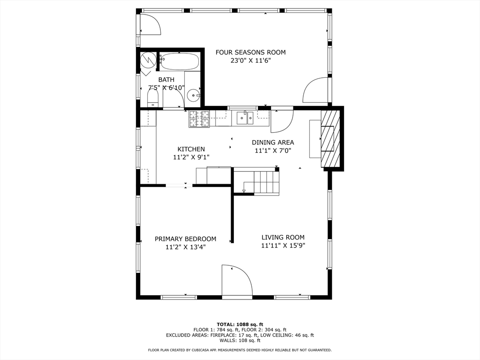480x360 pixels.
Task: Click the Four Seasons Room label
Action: pyautogui.click(x=250, y=52)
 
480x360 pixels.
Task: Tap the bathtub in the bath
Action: pyautogui.click(x=180, y=62)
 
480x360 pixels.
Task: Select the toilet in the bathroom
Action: pyautogui.click(x=153, y=98)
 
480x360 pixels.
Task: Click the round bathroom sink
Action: pyautogui.click(x=194, y=97)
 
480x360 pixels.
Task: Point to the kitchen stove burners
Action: pyautogui.click(x=199, y=119)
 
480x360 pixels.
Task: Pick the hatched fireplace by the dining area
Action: pyautogui.click(x=330, y=139)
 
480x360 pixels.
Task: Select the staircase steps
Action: pyautogui.click(x=265, y=182)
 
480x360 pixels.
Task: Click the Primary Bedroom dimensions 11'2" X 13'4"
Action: pyautogui.click(x=185, y=247)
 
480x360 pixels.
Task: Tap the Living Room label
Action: pyautogui.click(x=283, y=237)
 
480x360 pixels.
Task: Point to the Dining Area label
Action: pyautogui.click(x=273, y=142)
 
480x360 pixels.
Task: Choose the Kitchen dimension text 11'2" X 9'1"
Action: pyautogui.click(x=191, y=157)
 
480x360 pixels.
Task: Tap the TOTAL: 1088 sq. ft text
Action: pyautogui.click(x=240, y=324)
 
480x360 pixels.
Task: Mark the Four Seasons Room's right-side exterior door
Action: pyautogui.click(x=316, y=90)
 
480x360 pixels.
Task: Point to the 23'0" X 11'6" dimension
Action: pyautogui.click(x=250, y=60)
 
